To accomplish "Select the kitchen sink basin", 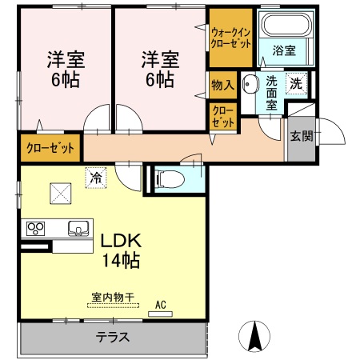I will (x=78, y=228).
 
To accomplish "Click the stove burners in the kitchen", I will (x=37, y=229).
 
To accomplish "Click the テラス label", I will (x=113, y=337).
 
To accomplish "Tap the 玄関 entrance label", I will (x=301, y=135).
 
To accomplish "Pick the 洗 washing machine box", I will (x=296, y=82).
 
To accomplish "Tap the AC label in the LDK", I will (x=160, y=305).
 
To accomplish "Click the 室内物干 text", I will (x=112, y=298).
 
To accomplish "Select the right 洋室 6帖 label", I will (x=160, y=69).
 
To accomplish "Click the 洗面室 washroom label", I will (x=272, y=91).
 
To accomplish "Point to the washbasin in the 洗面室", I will (x=250, y=82).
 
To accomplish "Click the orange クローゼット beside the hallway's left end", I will (x=50, y=149).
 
